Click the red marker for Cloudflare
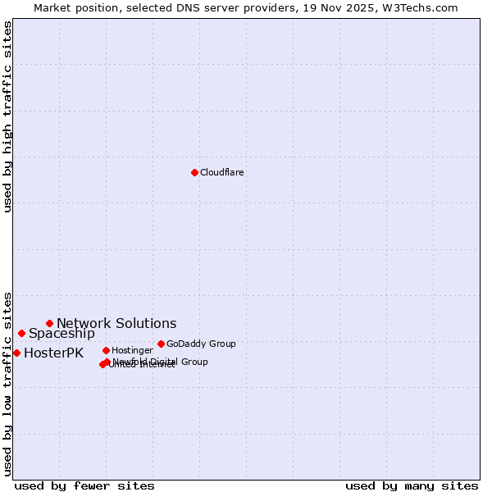[x=194, y=172]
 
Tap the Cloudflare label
[x=221, y=172]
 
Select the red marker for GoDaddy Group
[x=161, y=344]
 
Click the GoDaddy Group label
[x=201, y=344]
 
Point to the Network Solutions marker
[x=49, y=323]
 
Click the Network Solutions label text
[x=116, y=323]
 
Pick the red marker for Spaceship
[x=21, y=333]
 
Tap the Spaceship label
[x=61, y=334]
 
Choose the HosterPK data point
[x=16, y=353]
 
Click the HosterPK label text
[x=53, y=353]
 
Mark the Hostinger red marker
[x=106, y=350]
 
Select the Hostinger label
[x=132, y=350]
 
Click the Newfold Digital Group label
[x=161, y=361]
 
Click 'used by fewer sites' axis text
[x=84, y=485]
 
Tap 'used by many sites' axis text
[x=412, y=485]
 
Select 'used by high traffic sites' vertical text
[x=7, y=116]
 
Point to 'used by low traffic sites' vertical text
[x=7, y=383]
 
